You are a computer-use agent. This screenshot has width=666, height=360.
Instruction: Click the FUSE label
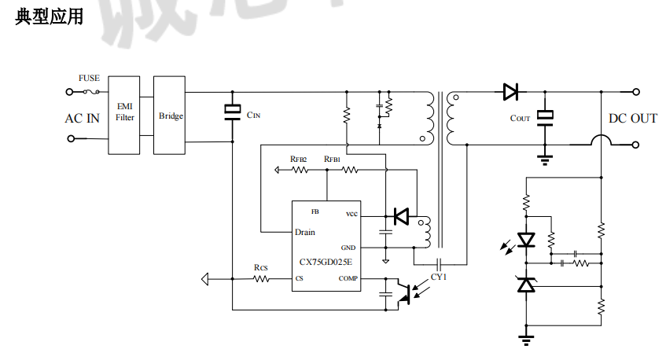point(89,79)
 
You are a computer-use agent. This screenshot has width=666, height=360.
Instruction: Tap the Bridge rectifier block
point(171,116)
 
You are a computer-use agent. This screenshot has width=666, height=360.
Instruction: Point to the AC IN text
point(82,119)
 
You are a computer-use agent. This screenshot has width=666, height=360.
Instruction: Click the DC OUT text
point(633,119)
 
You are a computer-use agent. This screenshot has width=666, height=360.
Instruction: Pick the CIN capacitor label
point(253,115)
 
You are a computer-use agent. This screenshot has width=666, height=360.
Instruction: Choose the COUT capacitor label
point(520,118)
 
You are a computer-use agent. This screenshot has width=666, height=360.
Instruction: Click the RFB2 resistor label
point(298,159)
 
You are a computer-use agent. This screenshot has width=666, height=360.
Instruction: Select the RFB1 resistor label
point(332,159)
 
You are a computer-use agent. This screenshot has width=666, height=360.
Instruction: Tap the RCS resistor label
point(260,267)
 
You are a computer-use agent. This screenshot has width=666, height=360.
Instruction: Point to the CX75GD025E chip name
point(326,263)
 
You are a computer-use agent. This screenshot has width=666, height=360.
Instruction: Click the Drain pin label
point(305,232)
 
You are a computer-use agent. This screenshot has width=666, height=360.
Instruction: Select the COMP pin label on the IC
point(348,278)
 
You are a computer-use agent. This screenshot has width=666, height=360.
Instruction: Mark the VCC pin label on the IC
point(351,215)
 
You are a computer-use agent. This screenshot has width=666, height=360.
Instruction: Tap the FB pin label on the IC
point(315,211)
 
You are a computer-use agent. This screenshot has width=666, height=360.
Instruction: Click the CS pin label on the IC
point(300,278)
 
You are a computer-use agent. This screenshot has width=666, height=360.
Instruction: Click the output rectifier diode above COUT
point(510,92)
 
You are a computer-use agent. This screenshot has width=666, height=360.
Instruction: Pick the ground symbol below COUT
point(543,160)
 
